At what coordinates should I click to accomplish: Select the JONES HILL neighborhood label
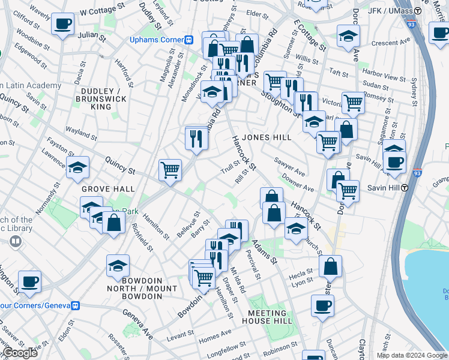267,137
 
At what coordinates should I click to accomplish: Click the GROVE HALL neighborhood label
108,189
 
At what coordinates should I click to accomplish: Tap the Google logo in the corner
19,353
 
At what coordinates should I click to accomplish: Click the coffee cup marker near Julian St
62,25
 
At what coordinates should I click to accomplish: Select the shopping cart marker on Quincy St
170,170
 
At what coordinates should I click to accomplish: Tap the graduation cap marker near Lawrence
77,168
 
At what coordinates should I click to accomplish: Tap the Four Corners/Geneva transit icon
75,305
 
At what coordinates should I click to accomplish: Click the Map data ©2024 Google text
412,355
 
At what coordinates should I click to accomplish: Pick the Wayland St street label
82,130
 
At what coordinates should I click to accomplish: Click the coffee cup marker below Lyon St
322,306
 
